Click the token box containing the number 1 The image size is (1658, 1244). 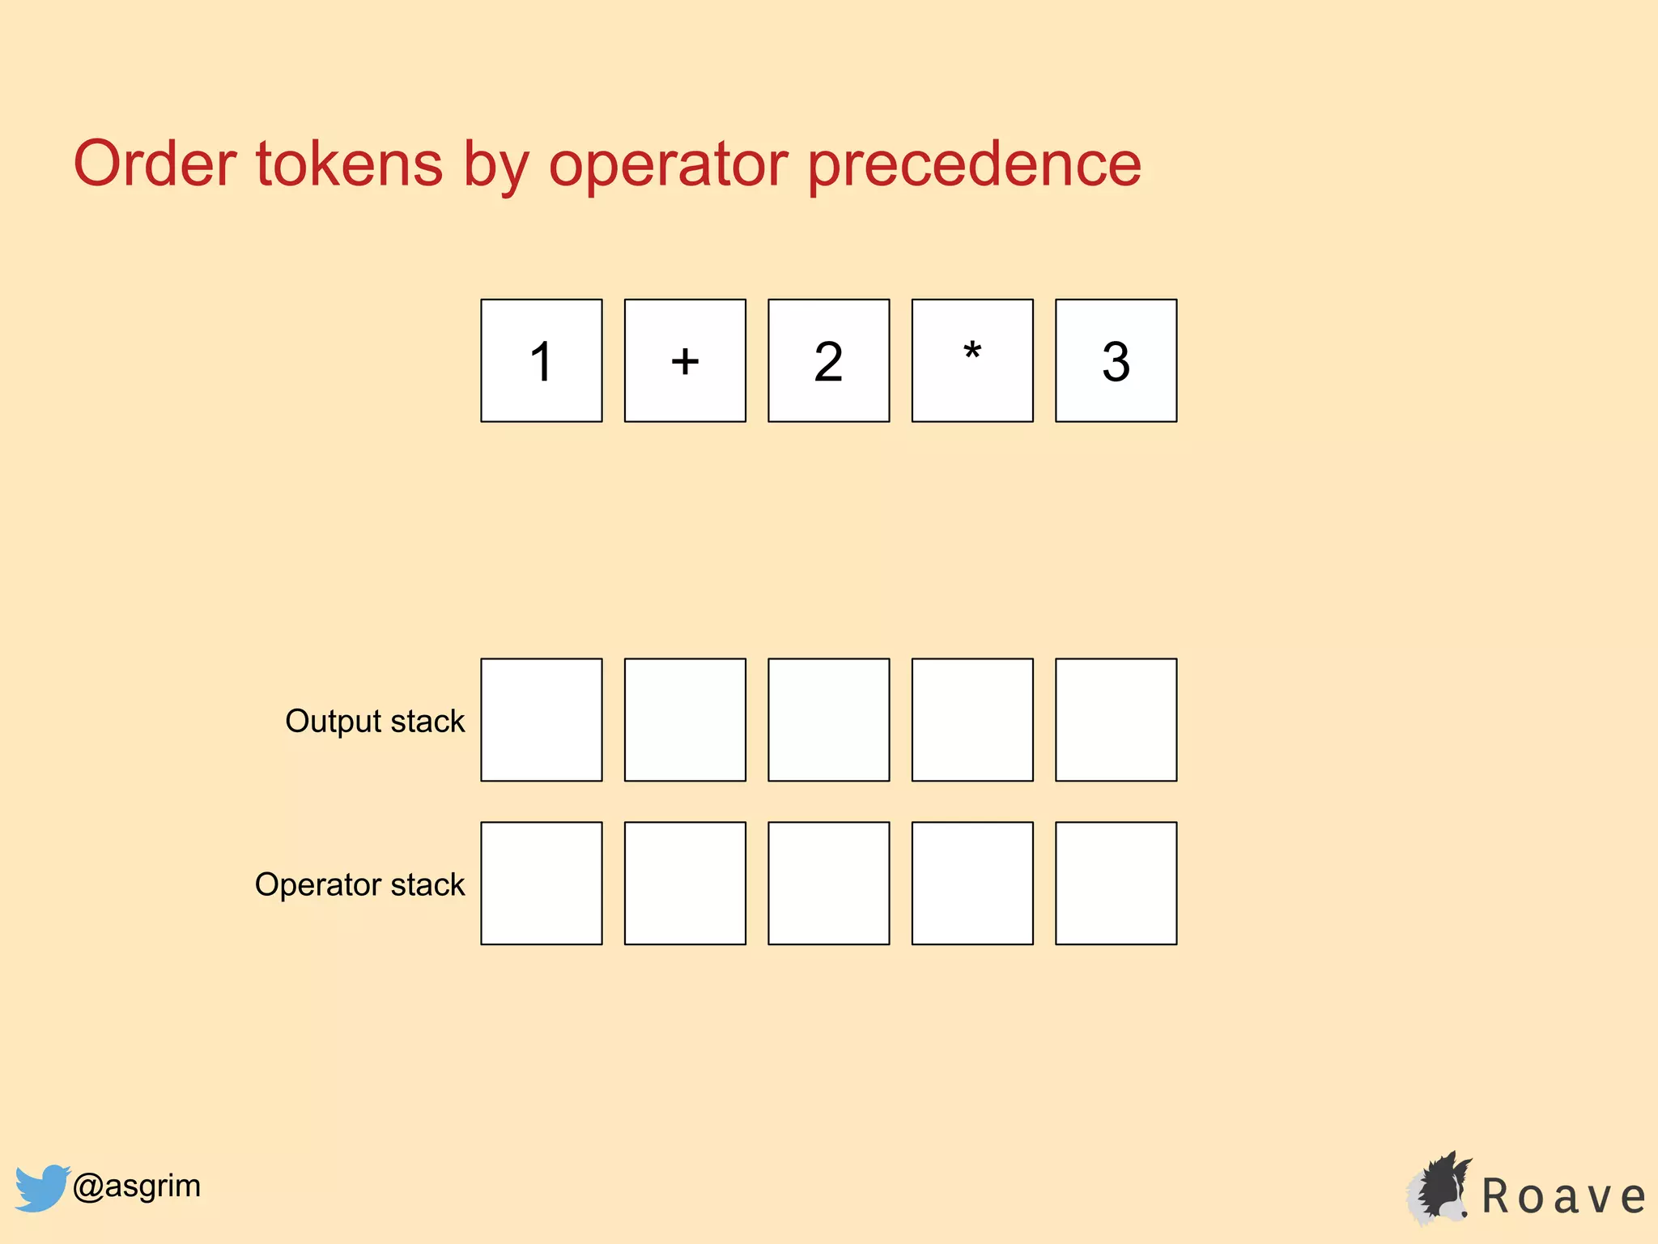[541, 360]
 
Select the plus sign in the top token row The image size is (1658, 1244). [685, 360]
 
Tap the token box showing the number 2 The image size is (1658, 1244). [828, 360]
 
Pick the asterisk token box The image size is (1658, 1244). [972, 360]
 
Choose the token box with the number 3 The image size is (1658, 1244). [1116, 360]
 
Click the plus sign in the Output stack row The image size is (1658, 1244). [685, 720]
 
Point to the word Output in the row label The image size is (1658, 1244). [333, 721]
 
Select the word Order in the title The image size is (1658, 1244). [155, 164]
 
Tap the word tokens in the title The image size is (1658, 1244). [349, 164]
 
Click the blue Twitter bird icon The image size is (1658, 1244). [40, 1187]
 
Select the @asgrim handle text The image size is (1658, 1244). [137, 1186]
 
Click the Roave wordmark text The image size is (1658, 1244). [1563, 1197]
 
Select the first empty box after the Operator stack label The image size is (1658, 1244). [541, 884]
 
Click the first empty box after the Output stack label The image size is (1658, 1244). [541, 720]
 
